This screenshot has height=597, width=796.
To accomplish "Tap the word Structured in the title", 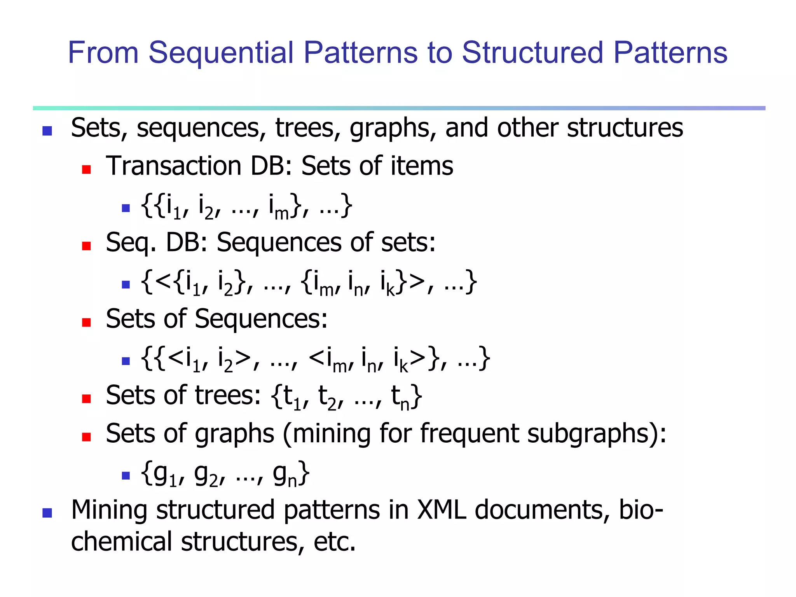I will coord(532,53).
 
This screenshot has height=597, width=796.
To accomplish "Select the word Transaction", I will coord(173,166).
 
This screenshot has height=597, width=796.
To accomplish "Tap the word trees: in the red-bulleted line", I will coord(228,395).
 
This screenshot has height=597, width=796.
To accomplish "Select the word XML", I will coord(442,510).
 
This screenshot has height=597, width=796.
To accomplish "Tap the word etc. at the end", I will coord(335,542).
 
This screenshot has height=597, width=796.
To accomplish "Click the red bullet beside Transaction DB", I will coord(86,169).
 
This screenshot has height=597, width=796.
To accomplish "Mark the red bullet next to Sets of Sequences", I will coord(86,322).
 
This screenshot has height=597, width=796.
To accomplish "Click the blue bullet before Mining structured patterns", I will coord(47,513).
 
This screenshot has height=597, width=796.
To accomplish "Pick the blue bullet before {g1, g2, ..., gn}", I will coord(126,475).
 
